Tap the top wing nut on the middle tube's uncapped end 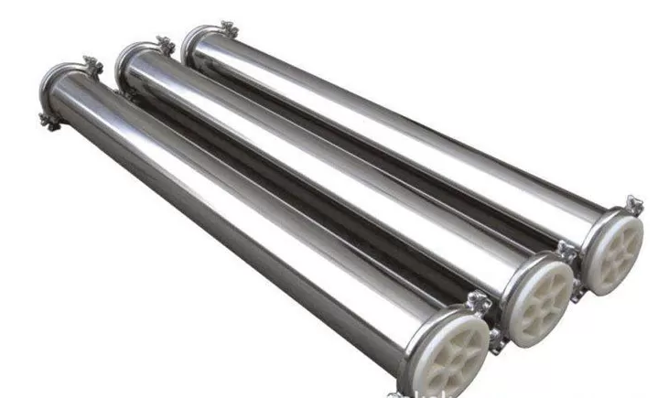pos(165,42)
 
